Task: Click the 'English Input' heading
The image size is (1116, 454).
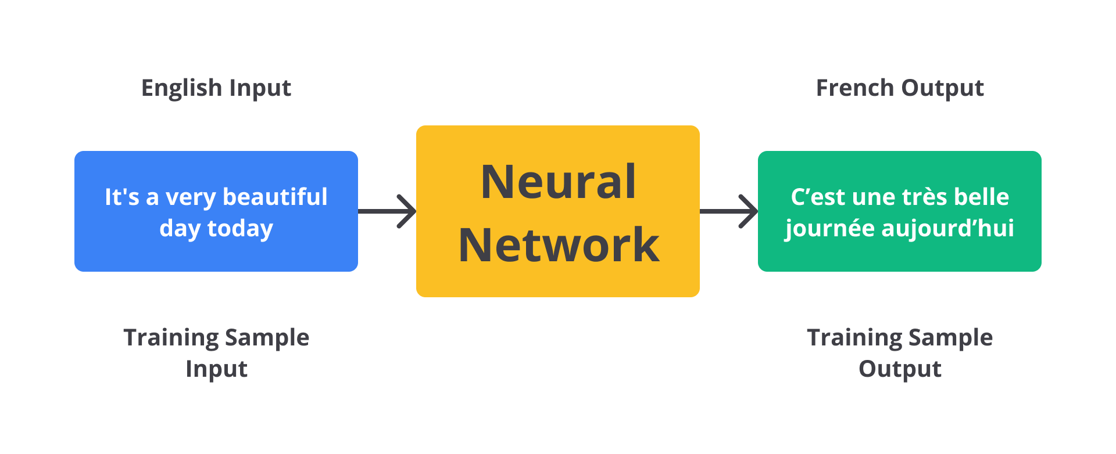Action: pyautogui.click(x=216, y=88)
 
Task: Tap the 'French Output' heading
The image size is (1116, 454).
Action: pyautogui.click(x=900, y=88)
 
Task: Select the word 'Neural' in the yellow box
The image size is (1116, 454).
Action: pyautogui.click(x=558, y=182)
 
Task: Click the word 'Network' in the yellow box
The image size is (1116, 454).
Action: pyautogui.click(x=559, y=245)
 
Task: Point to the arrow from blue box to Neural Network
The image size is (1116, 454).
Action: pyautogui.click(x=387, y=211)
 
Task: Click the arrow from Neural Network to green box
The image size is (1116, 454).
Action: pyautogui.click(x=729, y=211)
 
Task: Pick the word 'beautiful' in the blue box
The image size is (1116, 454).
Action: pyautogui.click(x=275, y=197)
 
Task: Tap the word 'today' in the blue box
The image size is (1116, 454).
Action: pyautogui.click(x=240, y=229)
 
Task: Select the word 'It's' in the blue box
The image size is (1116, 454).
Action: pyautogui.click(x=121, y=197)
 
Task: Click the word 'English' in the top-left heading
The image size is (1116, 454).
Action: pyautogui.click(x=181, y=88)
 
